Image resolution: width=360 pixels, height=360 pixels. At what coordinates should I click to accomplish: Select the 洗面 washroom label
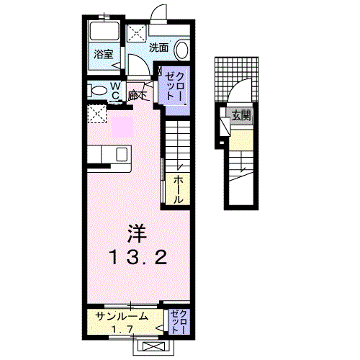(x=158, y=48)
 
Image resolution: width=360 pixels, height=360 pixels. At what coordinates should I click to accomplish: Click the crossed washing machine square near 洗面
(x=137, y=33)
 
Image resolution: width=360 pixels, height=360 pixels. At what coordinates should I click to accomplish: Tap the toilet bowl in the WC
(x=99, y=90)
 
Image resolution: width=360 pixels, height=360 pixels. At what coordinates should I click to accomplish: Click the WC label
(x=115, y=90)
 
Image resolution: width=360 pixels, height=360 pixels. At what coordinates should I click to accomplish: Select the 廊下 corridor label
(x=137, y=94)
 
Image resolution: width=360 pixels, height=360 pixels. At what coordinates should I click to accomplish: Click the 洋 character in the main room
(x=137, y=233)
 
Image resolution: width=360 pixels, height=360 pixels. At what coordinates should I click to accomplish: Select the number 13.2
(x=138, y=257)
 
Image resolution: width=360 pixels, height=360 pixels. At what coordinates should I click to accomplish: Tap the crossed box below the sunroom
(x=155, y=347)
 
